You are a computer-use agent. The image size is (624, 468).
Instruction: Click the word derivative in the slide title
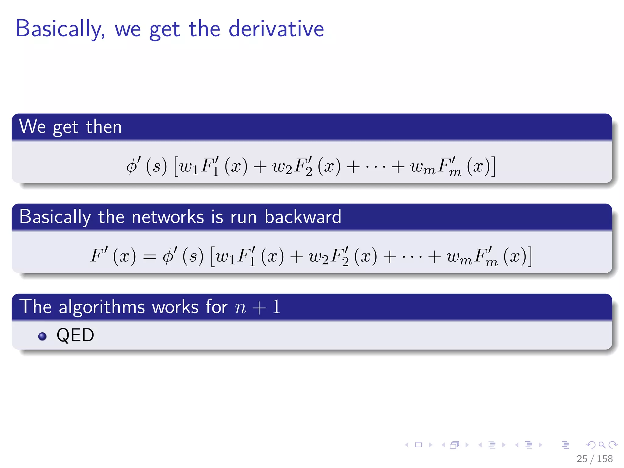coord(276,29)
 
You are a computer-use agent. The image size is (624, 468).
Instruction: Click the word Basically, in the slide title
coord(60,29)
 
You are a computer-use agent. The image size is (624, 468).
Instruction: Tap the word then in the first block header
coord(104,127)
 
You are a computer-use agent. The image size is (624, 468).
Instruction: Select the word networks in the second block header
coord(168,217)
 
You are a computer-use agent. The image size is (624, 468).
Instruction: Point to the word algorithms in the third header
coord(102,307)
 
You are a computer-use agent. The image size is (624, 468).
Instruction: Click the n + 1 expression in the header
coord(258,307)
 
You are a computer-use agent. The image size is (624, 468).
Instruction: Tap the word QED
coord(75,335)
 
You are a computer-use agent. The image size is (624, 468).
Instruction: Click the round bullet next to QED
coord(42,336)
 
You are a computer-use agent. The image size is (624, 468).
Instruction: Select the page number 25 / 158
coord(594,459)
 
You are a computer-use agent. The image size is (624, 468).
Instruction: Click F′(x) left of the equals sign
coord(113,256)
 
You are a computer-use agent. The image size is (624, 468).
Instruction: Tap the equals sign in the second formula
coord(149,257)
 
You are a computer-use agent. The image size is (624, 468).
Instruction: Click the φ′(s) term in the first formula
coord(147,166)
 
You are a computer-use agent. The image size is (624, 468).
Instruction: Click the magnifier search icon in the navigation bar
coord(602,445)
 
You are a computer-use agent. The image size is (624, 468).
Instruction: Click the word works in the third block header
coord(175,307)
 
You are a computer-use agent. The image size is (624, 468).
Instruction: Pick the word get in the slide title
coord(165,30)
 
